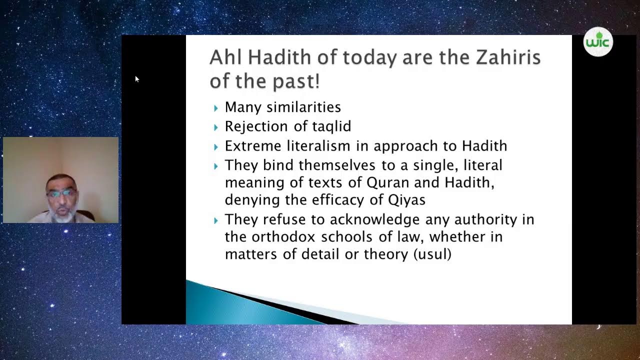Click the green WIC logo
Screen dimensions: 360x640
[598, 42]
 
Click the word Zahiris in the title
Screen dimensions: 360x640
[508, 57]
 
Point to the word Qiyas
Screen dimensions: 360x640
[406, 200]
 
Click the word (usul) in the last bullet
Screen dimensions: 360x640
[432, 254]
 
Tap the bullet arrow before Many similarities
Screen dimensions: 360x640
[216, 108]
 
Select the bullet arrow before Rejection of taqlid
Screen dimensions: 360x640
[216, 127]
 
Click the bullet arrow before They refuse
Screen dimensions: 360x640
[216, 220]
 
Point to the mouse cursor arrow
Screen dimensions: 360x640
[136, 78]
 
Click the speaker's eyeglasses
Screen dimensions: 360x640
[61, 193]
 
